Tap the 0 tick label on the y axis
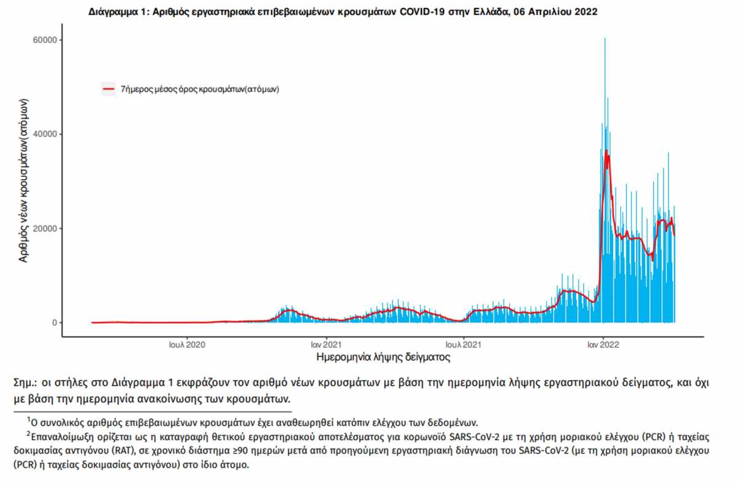pos(54,323)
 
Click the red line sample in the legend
pos(109,89)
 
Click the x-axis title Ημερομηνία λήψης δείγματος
pos(383,357)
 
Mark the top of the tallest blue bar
pos(605,38)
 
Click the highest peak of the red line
pos(606,151)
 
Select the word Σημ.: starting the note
pos(26,383)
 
